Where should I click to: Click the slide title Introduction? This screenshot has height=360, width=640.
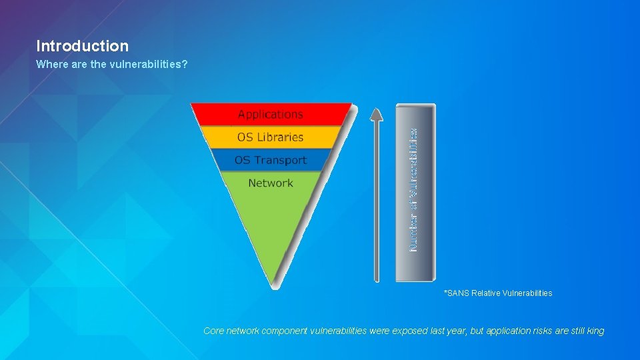pyautogui.click(x=82, y=46)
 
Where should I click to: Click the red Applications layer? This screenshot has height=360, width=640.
pyautogui.click(x=270, y=114)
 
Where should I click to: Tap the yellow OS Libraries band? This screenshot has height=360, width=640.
pyautogui.click(x=270, y=137)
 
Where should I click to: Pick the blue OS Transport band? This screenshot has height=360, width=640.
pyautogui.click(x=270, y=161)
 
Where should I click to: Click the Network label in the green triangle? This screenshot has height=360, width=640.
pyautogui.click(x=270, y=183)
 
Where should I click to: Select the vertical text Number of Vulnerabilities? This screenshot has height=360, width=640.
pyautogui.click(x=415, y=190)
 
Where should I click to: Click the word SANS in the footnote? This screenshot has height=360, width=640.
pyautogui.click(x=459, y=293)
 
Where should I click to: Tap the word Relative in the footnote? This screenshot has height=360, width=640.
pyautogui.click(x=486, y=293)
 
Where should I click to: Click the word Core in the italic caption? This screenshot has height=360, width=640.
pyautogui.click(x=213, y=331)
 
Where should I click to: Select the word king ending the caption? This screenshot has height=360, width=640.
pyautogui.click(x=595, y=331)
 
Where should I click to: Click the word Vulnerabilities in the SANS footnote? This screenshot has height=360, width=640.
pyautogui.click(x=527, y=293)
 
